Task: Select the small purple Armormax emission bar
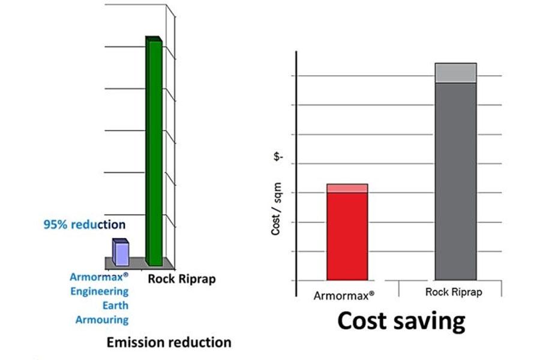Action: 121,253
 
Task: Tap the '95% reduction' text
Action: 85,225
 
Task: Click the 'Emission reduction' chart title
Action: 169,343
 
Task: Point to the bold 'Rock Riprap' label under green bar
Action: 181,278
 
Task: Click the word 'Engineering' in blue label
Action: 99,292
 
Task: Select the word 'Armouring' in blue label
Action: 102,320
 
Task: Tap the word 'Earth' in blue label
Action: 115,305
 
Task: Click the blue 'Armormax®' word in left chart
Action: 99,277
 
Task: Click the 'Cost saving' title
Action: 401,321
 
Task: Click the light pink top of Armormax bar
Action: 347,188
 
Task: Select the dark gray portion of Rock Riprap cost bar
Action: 455,180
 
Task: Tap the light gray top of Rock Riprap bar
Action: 455,73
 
